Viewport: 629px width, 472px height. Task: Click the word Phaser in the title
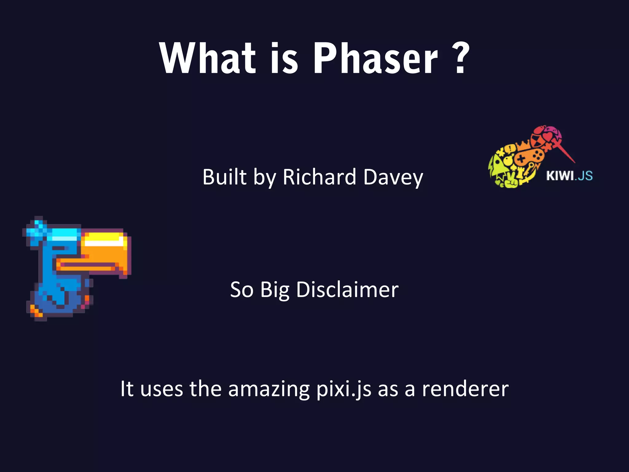click(375, 58)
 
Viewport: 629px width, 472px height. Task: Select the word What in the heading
click(208, 58)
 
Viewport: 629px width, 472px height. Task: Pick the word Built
click(224, 177)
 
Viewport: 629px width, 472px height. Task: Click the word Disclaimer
click(347, 290)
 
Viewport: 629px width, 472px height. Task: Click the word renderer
click(465, 389)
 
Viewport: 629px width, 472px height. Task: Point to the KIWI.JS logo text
click(569, 176)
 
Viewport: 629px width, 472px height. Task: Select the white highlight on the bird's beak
click(103, 242)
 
